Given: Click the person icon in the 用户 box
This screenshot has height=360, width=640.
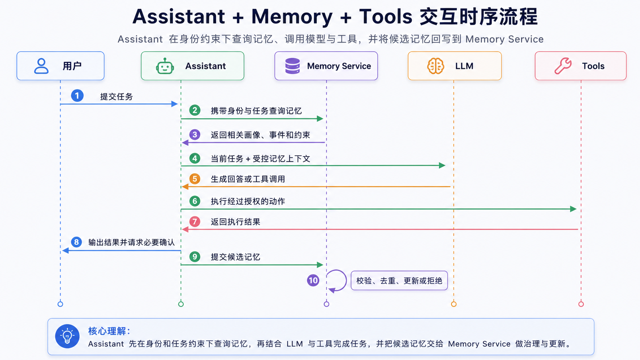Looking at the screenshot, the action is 41,66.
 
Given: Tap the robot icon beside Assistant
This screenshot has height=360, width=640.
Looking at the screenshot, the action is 165,66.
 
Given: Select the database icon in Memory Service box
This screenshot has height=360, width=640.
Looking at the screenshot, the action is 292,66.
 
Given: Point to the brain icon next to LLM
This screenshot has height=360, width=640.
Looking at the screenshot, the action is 435,66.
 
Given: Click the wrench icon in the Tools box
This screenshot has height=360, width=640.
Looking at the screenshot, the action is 563,66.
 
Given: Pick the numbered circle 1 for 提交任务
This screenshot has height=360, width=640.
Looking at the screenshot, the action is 77,96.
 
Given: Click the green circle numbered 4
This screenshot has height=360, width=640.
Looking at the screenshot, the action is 195,158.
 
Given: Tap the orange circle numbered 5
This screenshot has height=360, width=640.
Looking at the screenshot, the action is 195,179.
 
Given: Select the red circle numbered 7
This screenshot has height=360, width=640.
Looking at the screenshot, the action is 195,221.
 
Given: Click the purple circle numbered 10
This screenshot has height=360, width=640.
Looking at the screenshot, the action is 313,280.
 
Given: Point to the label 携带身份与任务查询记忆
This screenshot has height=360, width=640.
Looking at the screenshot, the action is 256,111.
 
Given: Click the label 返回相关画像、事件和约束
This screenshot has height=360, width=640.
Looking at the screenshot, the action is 260,135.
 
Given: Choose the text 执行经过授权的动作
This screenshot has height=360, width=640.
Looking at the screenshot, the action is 248,201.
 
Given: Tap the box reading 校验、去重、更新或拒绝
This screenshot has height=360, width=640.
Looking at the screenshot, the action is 399,280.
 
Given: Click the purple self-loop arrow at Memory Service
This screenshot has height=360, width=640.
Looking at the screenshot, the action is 346,280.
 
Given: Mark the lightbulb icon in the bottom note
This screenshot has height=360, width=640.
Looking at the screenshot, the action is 67,336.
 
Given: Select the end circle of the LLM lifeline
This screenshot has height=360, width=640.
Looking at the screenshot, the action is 454,304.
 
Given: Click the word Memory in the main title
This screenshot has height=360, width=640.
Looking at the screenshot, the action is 292,16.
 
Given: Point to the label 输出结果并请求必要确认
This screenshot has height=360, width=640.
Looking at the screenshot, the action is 131,243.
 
